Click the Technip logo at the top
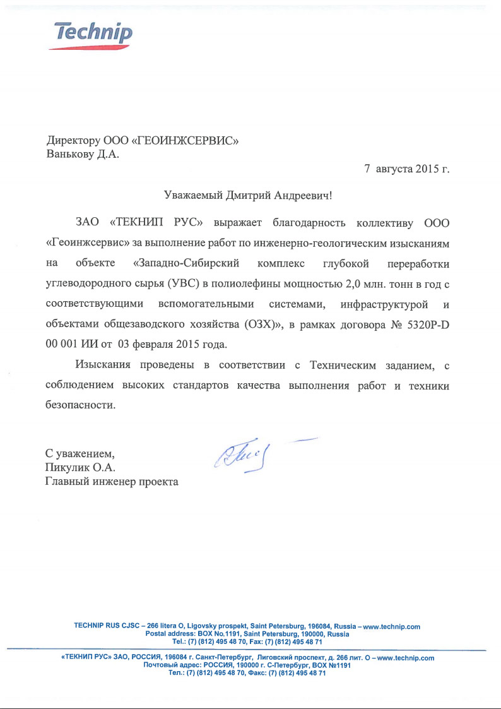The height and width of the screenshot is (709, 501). tap(93, 33)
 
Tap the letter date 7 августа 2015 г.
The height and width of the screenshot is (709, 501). tap(407, 169)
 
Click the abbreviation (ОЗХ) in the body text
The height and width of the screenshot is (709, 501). tap(263, 325)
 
